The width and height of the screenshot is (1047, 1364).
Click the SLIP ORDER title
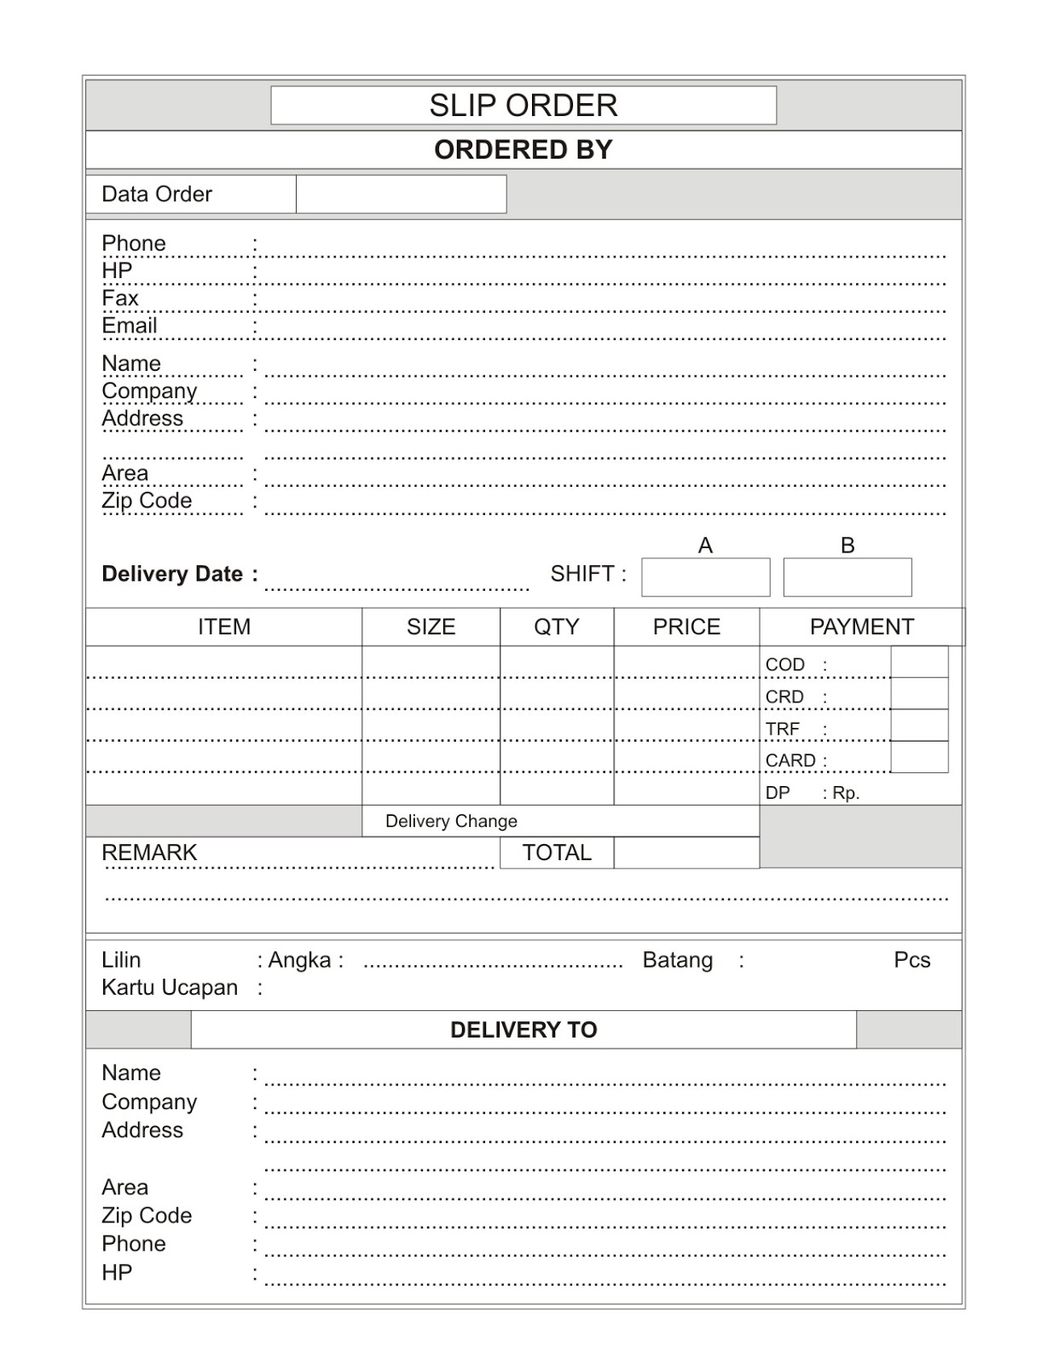coord(523,105)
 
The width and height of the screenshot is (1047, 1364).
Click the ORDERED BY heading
coord(523,150)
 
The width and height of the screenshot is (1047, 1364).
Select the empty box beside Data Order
coord(401,194)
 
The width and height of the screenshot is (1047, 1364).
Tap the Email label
coord(130,326)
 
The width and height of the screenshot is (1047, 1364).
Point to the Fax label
coord(119,298)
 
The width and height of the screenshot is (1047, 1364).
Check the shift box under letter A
coord(705,577)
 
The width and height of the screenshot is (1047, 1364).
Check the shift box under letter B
coord(847,577)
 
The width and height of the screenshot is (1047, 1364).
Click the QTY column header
coord(556,627)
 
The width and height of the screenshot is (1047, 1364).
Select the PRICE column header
coord(686,627)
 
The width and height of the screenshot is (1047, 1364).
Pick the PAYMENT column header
coord(861,627)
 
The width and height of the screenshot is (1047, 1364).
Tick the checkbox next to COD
coord(919,662)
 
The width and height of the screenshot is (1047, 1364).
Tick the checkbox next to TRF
coord(919,725)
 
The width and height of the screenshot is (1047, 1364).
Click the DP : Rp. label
coord(812,793)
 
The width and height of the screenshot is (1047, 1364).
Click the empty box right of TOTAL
coord(685,852)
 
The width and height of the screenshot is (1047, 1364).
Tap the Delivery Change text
coord(451,821)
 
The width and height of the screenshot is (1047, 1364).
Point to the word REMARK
coord(149,852)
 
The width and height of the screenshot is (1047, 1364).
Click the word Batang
coord(677,960)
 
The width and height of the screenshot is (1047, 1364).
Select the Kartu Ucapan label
coord(170,987)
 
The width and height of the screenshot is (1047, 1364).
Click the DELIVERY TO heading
coord(523,1030)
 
